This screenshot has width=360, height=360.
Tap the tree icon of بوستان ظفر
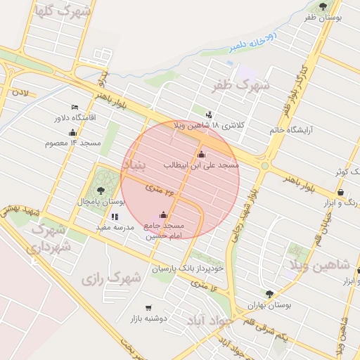pyautogui.click(x=323, y=7)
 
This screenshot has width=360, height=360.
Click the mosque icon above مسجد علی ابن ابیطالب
pyautogui.click(x=202, y=154)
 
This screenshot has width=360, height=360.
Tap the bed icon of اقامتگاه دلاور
pyautogui.click(x=75, y=107)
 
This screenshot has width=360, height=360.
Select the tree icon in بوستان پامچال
pyautogui.click(x=101, y=191)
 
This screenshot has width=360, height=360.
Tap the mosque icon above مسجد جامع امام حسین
pyautogui.click(x=164, y=215)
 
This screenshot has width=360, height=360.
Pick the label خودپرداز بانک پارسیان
pyautogui.click(x=188, y=269)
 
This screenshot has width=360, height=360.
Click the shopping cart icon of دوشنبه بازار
pyautogui.click(x=148, y=308)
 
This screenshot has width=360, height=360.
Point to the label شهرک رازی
pyautogui.click(x=111, y=278)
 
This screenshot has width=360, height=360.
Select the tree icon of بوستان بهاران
pyautogui.click(x=269, y=294)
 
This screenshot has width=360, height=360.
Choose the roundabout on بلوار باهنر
pyautogui.click(x=265, y=166)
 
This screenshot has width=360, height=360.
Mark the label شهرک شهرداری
pyautogui.click(x=50, y=238)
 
